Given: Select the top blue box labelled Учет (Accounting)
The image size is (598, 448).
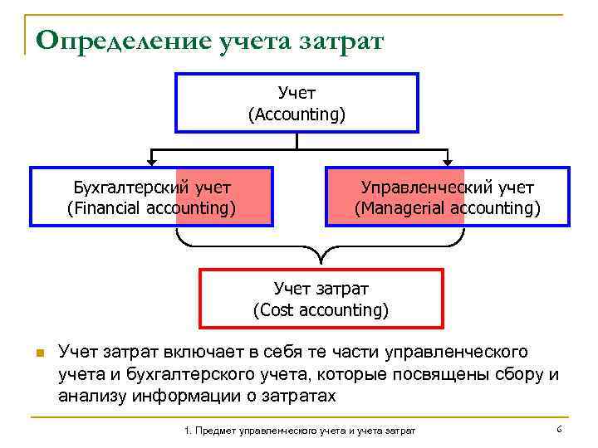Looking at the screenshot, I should point(297,102).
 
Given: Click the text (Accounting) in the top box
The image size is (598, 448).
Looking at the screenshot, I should point(297,114).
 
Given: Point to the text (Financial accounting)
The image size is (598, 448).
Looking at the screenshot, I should point(151,207).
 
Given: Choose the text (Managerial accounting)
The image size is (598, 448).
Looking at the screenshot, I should point(448,207).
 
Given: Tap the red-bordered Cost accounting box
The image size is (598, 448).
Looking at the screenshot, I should point(321,299).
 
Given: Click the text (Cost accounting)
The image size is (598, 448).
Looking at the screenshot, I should point(321,310).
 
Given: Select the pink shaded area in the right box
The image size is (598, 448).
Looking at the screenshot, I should point(395,197).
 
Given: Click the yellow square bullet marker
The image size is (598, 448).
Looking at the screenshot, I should point(39,354).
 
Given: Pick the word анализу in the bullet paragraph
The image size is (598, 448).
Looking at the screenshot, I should point(91,395).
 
